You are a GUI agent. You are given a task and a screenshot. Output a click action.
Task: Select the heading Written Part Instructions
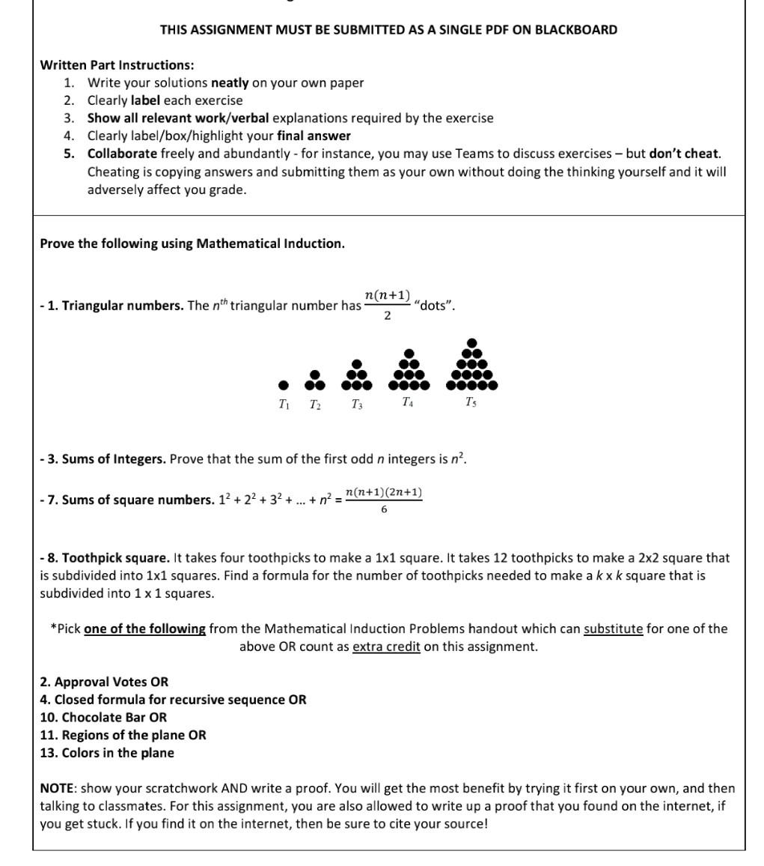[x=117, y=65]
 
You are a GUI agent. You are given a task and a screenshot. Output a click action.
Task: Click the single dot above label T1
[x=283, y=385]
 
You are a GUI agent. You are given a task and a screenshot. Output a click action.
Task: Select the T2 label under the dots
[x=316, y=405]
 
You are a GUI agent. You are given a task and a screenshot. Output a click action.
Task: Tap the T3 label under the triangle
[x=358, y=405]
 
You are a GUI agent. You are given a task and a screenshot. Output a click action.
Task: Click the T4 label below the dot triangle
[x=407, y=402]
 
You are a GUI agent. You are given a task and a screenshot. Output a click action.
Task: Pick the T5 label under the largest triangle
[x=471, y=402]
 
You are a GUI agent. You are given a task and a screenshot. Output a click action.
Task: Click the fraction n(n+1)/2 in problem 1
[x=387, y=305]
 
